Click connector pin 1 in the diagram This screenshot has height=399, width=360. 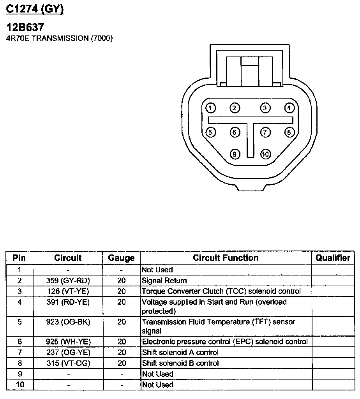[x=210, y=108]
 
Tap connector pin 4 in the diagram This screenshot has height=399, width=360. [x=289, y=108]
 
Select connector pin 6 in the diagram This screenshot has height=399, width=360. [x=234, y=132]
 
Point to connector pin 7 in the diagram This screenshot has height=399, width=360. [x=265, y=132]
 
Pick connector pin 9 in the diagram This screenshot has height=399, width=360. [x=234, y=154]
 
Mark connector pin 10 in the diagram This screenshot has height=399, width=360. [x=265, y=154]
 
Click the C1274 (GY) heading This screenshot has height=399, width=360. [x=35, y=9]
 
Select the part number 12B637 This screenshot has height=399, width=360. [x=25, y=28]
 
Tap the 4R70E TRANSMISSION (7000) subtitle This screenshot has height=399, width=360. [x=60, y=39]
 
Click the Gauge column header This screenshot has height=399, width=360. [x=121, y=258]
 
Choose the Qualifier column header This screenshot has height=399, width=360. [x=333, y=258]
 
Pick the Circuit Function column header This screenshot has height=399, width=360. [x=226, y=258]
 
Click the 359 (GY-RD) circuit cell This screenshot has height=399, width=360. [x=68, y=281]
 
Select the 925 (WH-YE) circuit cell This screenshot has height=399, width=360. [x=68, y=342]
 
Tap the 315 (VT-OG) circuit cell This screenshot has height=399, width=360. [x=68, y=363]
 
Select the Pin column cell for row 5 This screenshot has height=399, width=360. [x=19, y=322]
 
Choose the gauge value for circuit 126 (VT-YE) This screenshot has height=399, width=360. [x=122, y=291]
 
